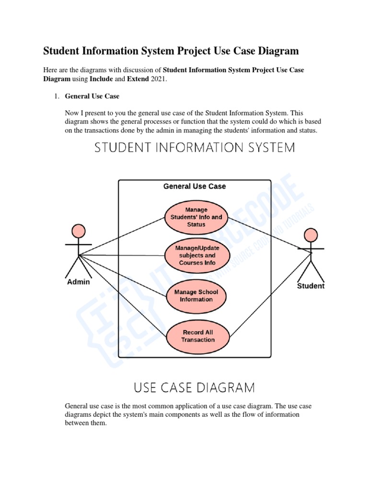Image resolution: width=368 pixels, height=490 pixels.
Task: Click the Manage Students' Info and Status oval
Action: coord(196,217)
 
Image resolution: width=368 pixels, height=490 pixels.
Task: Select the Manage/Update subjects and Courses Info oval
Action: coord(196,256)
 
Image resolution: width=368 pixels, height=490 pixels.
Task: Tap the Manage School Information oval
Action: coord(196,296)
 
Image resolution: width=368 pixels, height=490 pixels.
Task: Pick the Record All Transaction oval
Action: coord(198,336)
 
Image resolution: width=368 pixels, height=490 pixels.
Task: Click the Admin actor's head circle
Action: coord(78,232)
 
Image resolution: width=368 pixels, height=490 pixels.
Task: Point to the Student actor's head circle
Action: coord(311,235)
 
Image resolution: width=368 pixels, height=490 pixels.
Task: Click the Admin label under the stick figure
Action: coord(78,282)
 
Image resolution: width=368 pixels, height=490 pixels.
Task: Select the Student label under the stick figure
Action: coord(311,286)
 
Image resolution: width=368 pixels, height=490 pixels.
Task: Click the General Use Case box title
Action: coord(195,186)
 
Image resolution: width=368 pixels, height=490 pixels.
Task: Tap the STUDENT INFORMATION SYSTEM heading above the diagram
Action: coord(195,147)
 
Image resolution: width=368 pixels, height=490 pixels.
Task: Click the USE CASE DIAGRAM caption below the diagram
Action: coord(194,386)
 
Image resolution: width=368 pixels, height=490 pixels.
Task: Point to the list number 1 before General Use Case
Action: coord(56,96)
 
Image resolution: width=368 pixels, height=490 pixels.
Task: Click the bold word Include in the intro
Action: coord(101,79)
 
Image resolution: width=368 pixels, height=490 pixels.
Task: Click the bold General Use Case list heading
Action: coord(92,96)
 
